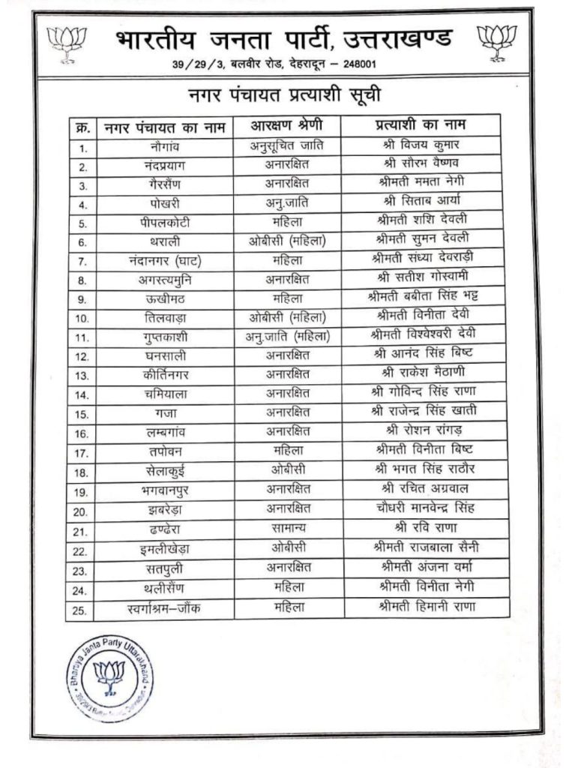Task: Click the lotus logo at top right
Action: click(x=498, y=40)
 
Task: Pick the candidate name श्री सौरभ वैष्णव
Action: click(x=420, y=163)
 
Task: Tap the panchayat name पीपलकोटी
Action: click(x=165, y=221)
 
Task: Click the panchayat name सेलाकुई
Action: click(x=164, y=471)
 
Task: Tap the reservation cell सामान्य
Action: click(x=289, y=529)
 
